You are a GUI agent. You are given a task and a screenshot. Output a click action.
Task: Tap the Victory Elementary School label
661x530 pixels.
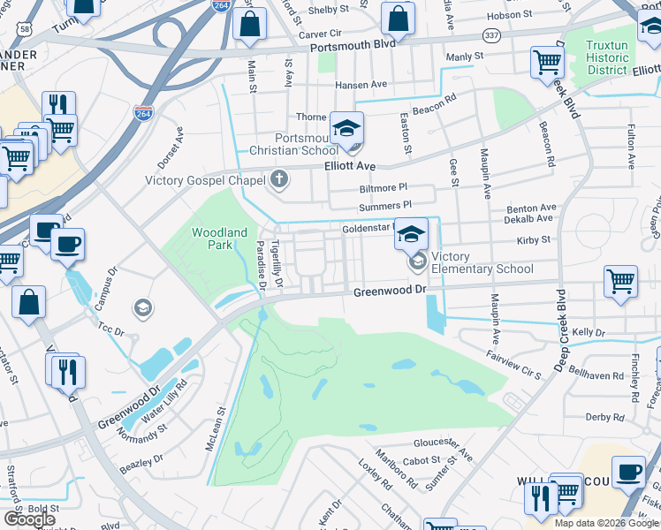482,262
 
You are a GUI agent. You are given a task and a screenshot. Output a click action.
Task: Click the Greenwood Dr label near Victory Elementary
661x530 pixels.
389,291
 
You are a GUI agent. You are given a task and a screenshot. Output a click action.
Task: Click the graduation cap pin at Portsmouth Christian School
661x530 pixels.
347,129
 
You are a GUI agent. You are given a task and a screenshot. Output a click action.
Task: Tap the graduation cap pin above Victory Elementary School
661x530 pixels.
411,233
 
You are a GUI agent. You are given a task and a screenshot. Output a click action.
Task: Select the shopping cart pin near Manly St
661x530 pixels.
548,62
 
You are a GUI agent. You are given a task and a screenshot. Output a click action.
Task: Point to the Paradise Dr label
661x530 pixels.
262,265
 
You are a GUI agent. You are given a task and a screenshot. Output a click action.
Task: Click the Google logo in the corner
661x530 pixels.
30,519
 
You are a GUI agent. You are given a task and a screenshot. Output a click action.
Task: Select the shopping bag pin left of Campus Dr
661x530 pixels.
29,301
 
